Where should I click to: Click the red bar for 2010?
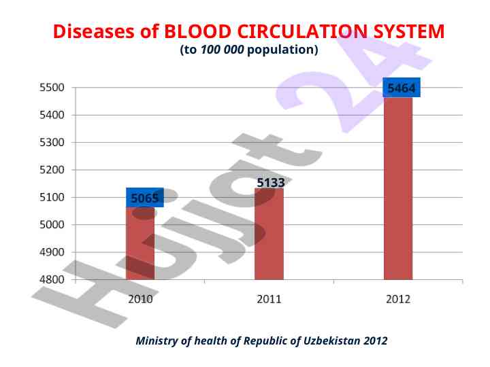click(140, 245)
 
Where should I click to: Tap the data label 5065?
click(144, 198)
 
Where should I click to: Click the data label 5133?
click(270, 182)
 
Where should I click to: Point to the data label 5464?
click(401, 88)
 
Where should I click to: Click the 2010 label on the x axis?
click(140, 299)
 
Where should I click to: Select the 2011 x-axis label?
click(269, 299)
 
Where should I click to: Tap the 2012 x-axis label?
click(398, 299)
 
